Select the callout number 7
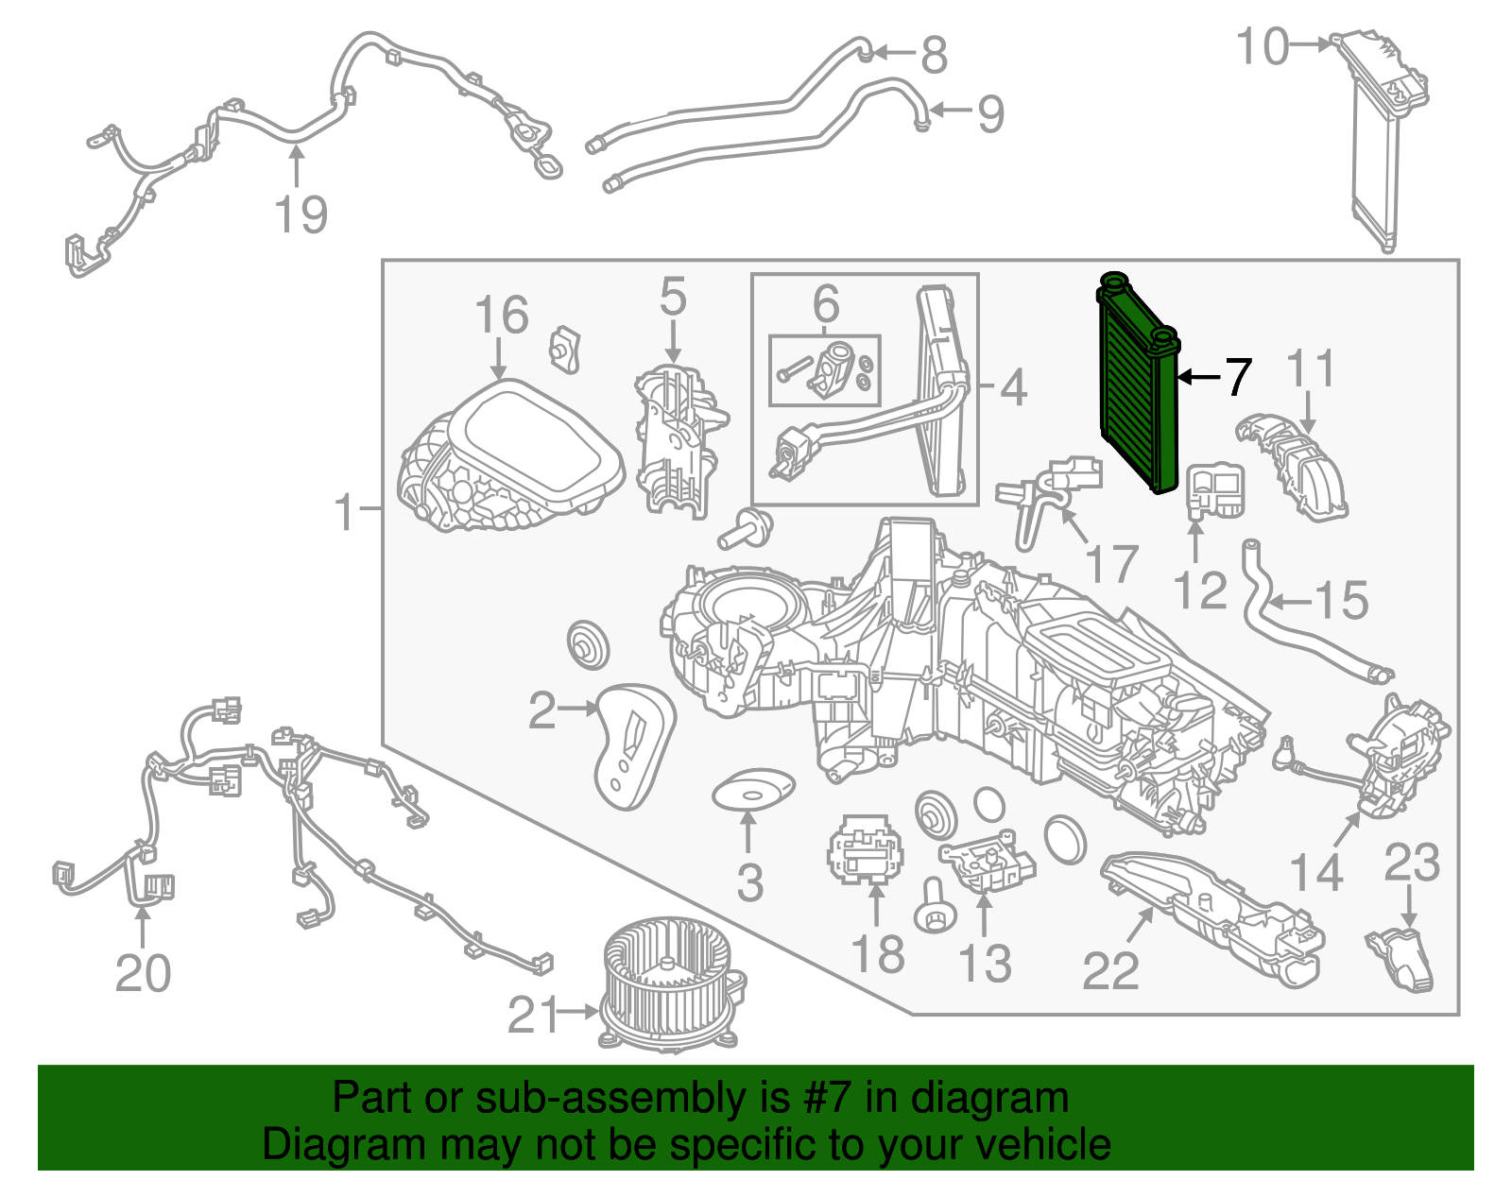click(x=1238, y=377)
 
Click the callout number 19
click(x=301, y=214)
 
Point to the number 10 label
click(x=1263, y=46)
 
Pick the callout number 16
click(x=501, y=316)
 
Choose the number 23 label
click(x=1412, y=864)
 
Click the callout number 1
click(x=345, y=512)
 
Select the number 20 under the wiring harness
click(x=143, y=973)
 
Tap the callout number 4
click(x=1013, y=387)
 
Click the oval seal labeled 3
click(x=752, y=790)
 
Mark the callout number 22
click(x=1110, y=970)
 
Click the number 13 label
click(x=984, y=964)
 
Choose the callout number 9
click(x=990, y=114)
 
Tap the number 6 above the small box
click(x=825, y=304)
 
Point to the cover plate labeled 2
click(x=631, y=746)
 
